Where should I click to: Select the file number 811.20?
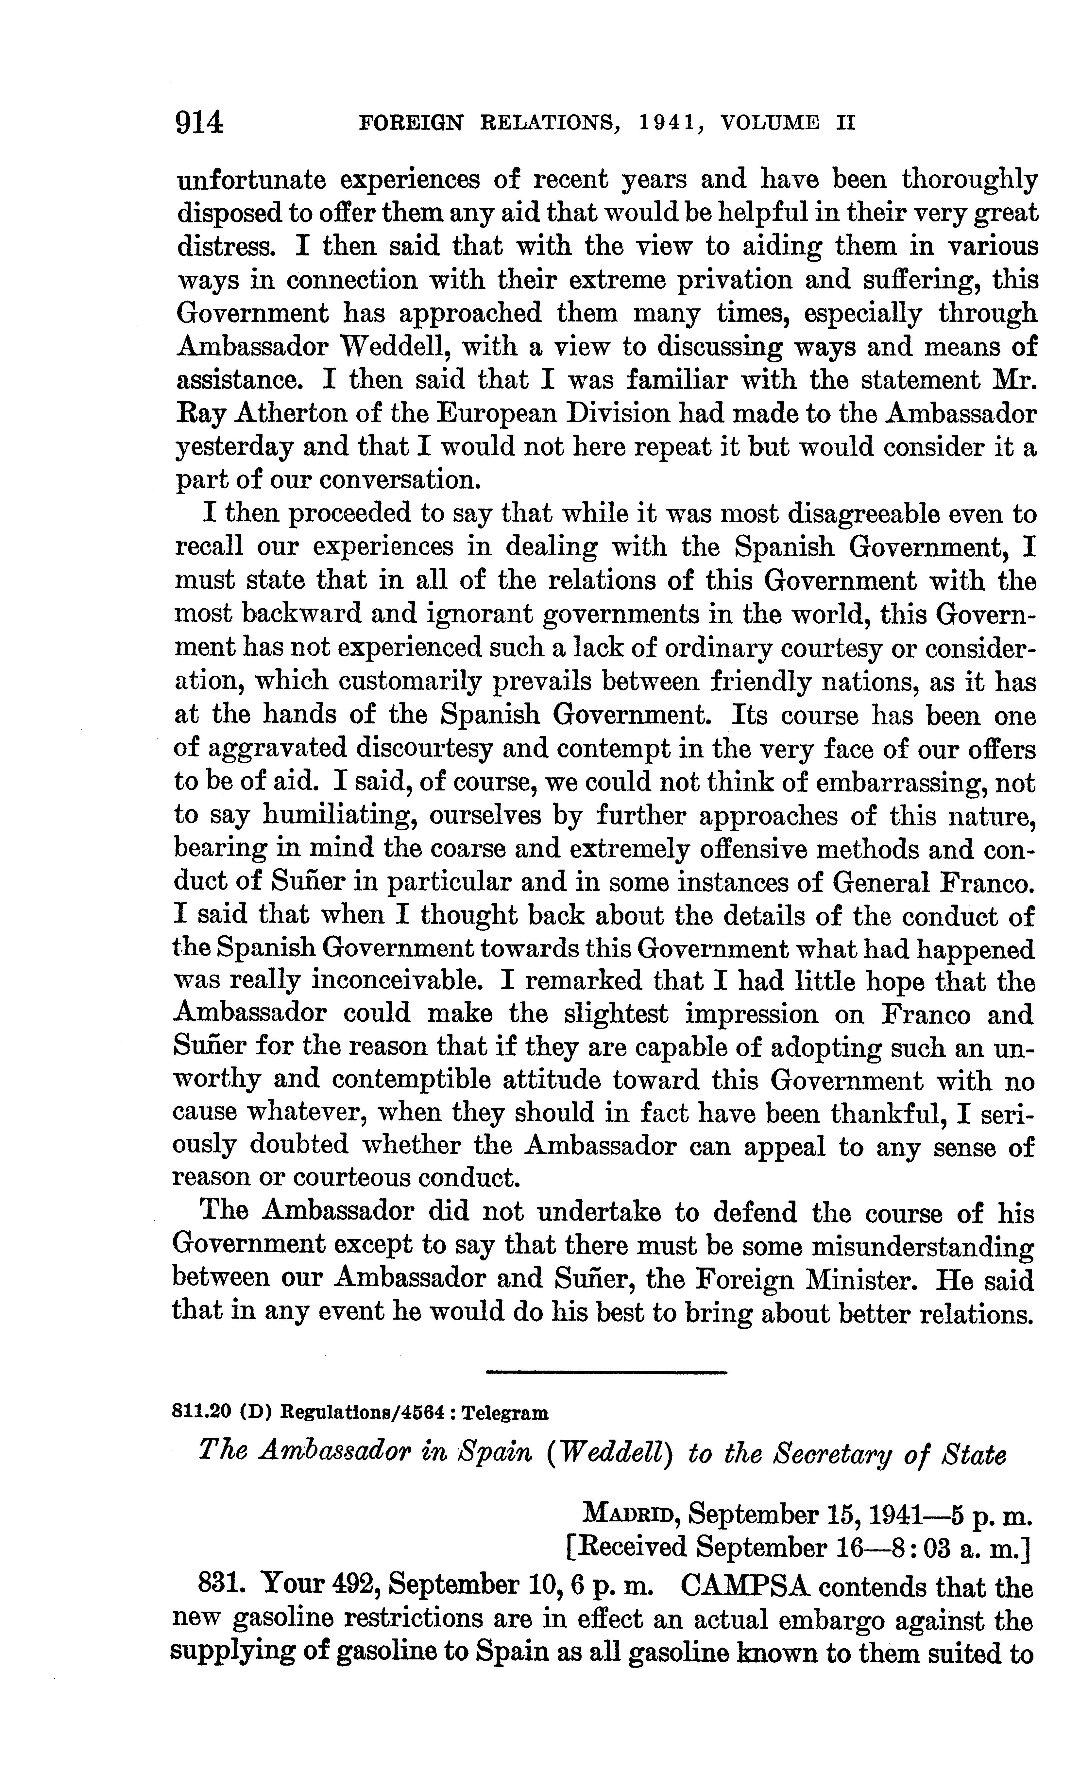coord(201,1413)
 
